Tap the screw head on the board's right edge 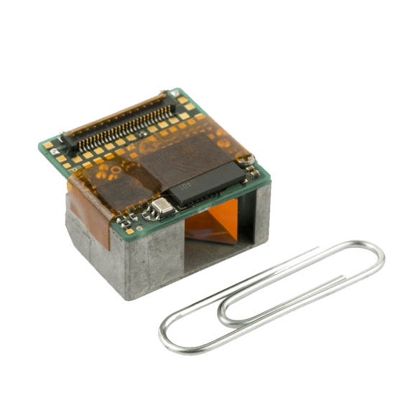[x=249, y=157]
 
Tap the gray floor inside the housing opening [x=215, y=251]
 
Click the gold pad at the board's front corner [x=130, y=231]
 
